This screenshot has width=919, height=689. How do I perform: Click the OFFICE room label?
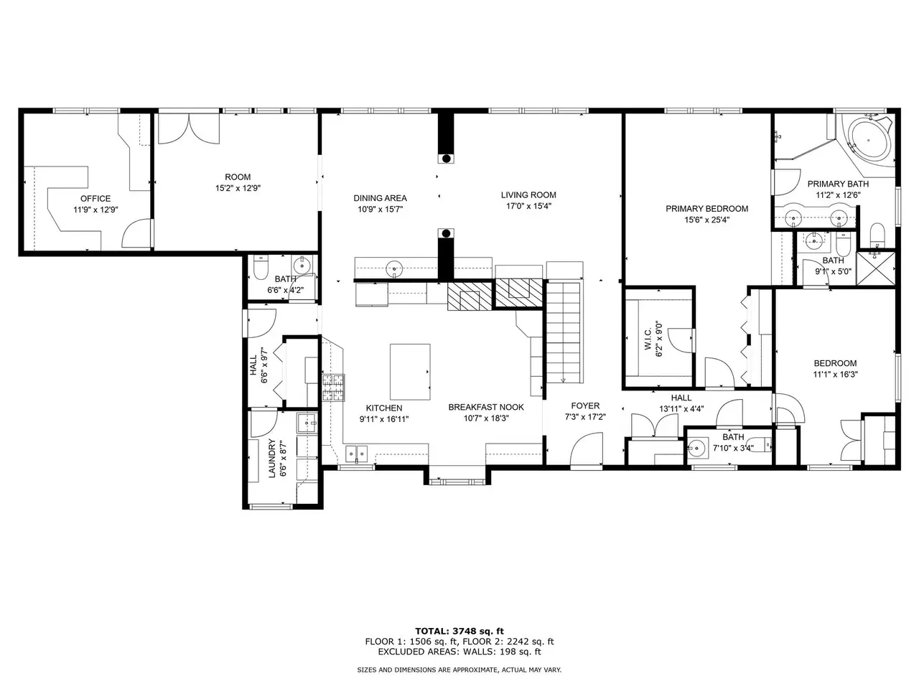point(95,199)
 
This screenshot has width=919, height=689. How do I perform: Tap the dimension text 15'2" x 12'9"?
point(238,188)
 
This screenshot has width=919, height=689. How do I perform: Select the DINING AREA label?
point(380,198)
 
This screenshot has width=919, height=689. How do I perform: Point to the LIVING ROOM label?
point(528,195)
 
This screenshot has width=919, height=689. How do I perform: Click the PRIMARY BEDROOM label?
point(706,209)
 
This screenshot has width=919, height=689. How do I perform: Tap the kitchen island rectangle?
point(410,372)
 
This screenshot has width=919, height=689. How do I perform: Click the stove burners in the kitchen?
point(333,388)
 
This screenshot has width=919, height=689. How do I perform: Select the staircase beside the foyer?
point(564,332)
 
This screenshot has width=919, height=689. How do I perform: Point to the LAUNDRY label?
point(271,458)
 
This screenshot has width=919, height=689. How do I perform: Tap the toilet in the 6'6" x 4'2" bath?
point(260,268)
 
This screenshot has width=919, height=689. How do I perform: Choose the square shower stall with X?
point(876,268)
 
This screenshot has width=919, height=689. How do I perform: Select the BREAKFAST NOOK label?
point(486,407)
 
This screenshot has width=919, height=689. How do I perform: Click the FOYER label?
point(585,406)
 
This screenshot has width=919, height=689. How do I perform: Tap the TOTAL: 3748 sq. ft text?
point(459,631)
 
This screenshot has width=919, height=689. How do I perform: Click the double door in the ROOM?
point(189,128)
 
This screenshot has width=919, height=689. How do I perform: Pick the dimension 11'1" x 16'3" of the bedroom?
point(835,375)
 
